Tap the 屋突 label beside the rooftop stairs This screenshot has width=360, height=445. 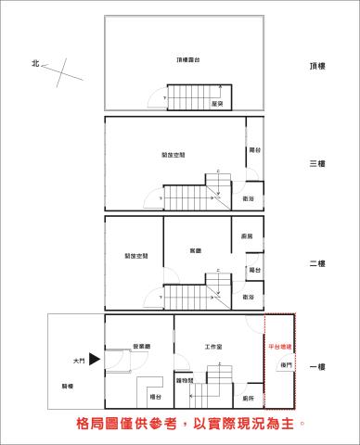(x=215, y=104)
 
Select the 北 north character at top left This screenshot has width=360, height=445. (x=35, y=64)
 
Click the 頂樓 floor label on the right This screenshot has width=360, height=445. (x=317, y=67)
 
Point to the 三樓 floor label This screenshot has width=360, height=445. (x=317, y=164)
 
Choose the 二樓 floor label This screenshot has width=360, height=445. (x=317, y=264)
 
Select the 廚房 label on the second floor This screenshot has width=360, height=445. (x=247, y=236)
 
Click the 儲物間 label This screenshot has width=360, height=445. (x=184, y=381)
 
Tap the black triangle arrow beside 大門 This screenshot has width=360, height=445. (x=94, y=361)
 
